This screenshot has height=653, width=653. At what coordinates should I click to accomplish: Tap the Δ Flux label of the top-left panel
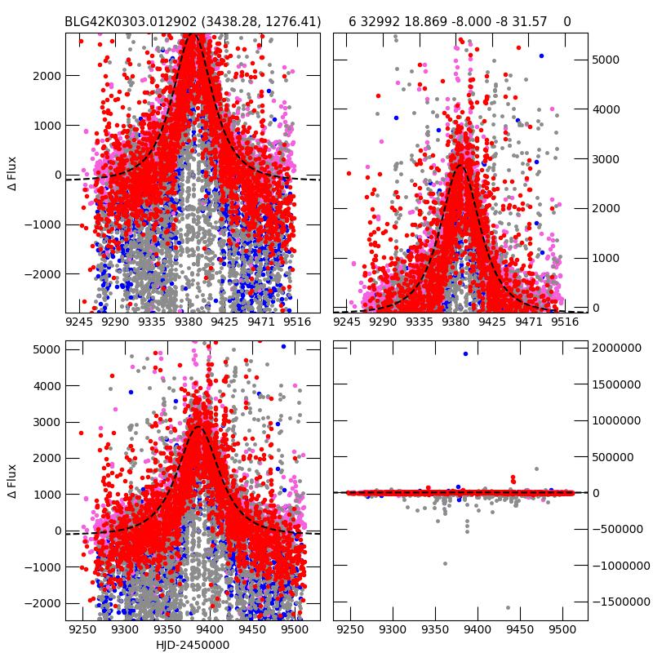pos(11,175)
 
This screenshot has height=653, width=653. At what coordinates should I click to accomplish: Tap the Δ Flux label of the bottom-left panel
pos(11,482)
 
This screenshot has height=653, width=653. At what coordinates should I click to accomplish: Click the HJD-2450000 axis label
pos(192,645)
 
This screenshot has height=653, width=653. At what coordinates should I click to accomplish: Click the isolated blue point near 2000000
pos(465,353)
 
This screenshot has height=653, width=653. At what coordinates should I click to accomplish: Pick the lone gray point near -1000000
pos(445,563)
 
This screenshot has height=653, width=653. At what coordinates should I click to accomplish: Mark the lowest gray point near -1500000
pos(508,607)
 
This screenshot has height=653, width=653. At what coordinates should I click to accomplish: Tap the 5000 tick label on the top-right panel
pos(606,60)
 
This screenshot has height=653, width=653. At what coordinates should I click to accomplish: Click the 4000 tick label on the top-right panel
pos(606,109)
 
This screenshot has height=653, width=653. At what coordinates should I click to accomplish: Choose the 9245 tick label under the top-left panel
pos(79,322)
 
